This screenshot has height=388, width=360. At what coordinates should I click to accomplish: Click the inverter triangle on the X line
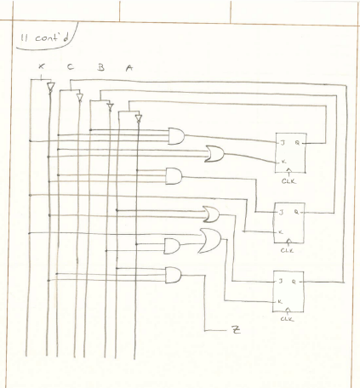tap(50, 88)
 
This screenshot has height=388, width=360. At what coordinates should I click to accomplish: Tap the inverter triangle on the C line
tap(80, 99)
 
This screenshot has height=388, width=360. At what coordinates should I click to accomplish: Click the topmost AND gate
tap(178, 135)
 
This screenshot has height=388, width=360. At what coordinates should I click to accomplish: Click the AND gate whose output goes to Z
tap(173, 276)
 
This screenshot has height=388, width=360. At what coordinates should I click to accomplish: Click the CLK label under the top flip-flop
tap(289, 180)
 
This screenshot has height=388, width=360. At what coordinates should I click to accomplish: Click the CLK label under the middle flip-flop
tap(289, 250)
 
